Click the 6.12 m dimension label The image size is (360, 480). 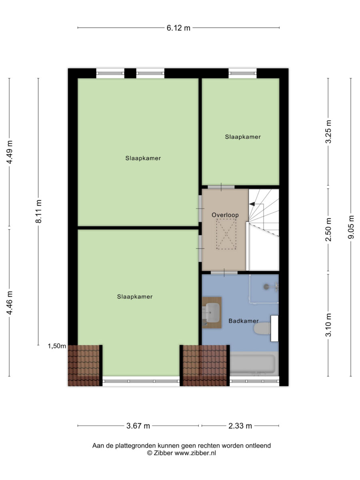pyautogui.click(x=178, y=28)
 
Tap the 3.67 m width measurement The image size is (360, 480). pyautogui.click(x=138, y=426)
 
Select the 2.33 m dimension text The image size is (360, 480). pyautogui.click(x=240, y=426)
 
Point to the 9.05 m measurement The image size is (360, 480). pyautogui.click(x=351, y=227)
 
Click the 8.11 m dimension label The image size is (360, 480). pyautogui.click(x=38, y=211)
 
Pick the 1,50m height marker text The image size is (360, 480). pyautogui.click(x=57, y=346)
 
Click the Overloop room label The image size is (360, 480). pyautogui.click(x=225, y=215)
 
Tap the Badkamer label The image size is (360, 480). pyautogui.click(x=244, y=321)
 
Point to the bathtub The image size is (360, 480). pyautogui.click(x=254, y=364)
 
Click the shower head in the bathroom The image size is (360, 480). pyautogui.click(x=266, y=287)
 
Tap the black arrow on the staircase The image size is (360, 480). pyautogui.click(x=252, y=204)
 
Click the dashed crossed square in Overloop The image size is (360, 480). pyautogui.click(x=226, y=234)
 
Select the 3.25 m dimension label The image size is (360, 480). pyautogui.click(x=328, y=132)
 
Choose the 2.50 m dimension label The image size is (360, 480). pyautogui.click(x=328, y=229)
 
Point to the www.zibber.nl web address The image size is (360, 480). pyautogui.click(x=195, y=453)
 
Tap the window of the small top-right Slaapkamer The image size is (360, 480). pyautogui.click(x=243, y=73)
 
